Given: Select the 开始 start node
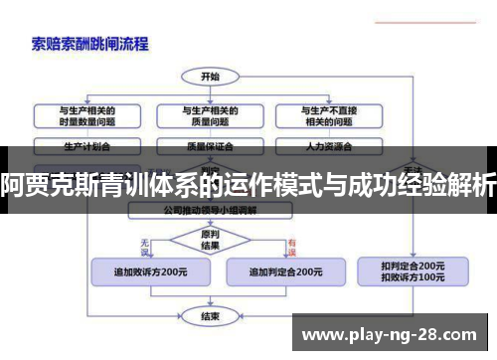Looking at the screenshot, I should (210, 76).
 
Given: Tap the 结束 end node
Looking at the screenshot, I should (210, 316).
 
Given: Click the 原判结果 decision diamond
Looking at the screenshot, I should (210, 240).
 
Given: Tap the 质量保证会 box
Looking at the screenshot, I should (210, 145).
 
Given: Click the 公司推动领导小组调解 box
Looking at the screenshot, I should (210, 211).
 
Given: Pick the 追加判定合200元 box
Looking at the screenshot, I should (284, 271).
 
